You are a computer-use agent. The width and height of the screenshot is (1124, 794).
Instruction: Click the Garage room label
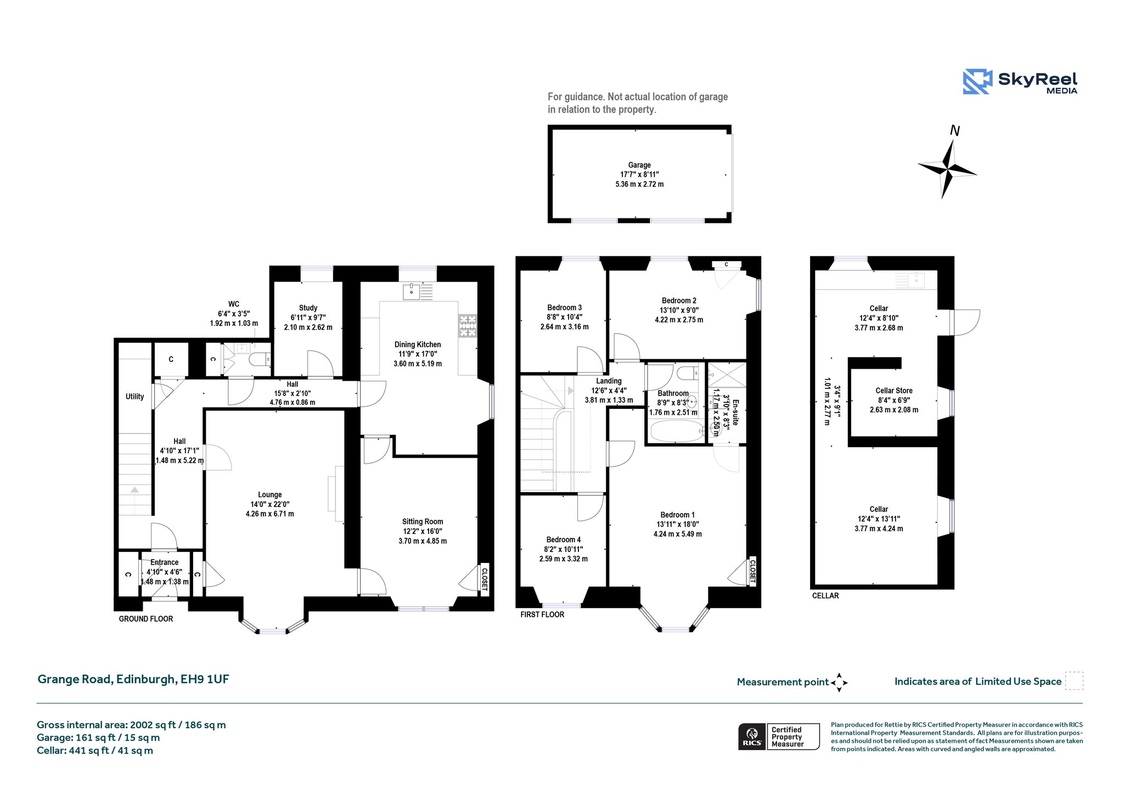click(639, 165)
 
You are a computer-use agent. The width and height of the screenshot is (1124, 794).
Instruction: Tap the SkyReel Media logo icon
click(977, 82)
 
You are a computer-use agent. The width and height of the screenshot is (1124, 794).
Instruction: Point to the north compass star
click(947, 167)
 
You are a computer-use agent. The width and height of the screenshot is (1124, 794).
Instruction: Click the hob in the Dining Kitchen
click(468, 325)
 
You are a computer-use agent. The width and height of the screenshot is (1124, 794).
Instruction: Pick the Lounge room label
click(270, 494)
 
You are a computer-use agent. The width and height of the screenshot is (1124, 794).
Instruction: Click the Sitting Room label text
click(423, 522)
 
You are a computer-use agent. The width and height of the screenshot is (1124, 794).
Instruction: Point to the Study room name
click(308, 308)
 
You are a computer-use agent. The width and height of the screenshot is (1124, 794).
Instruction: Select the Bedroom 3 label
click(564, 308)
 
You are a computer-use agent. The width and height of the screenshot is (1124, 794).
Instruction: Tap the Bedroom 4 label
click(564, 540)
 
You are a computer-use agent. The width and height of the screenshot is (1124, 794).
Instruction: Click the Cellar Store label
click(894, 391)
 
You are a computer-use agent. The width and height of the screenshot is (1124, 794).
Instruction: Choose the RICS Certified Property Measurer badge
click(779, 736)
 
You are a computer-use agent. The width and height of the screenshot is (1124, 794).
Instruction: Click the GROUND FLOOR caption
click(146, 619)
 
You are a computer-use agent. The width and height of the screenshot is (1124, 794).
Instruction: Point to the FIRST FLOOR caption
click(542, 615)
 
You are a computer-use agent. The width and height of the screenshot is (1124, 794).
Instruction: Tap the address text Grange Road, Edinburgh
click(108, 679)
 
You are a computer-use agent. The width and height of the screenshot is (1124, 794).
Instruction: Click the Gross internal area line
click(131, 725)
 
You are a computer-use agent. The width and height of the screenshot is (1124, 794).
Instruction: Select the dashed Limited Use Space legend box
click(1074, 680)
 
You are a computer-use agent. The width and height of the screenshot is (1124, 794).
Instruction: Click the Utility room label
click(135, 397)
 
